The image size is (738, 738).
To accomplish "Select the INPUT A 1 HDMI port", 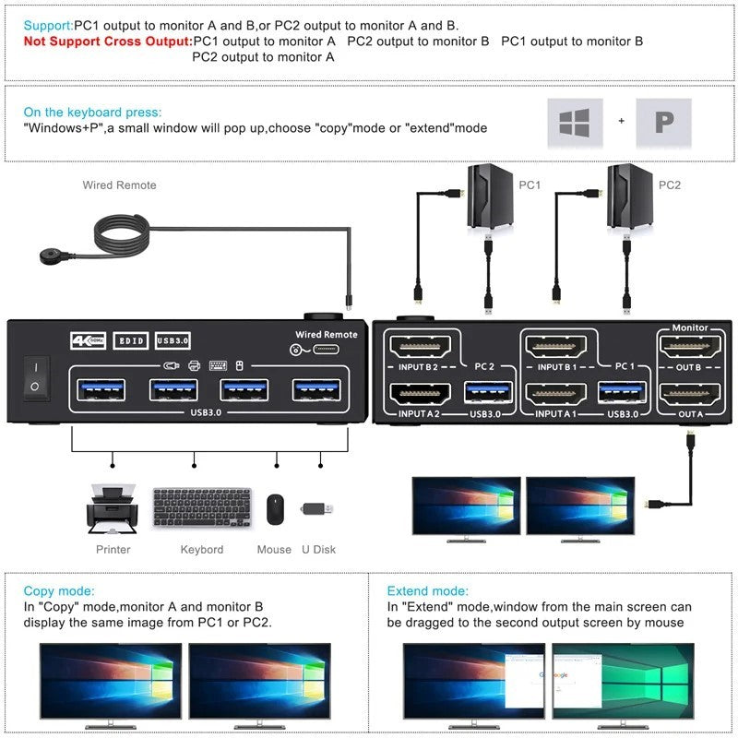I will (x=553, y=394).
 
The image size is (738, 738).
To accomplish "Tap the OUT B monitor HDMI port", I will (x=691, y=348).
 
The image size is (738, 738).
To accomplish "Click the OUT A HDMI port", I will (x=691, y=394).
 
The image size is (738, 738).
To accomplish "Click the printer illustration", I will (x=112, y=510).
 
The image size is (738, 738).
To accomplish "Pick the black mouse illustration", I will (x=274, y=509).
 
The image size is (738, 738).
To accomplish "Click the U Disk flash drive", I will (x=319, y=508).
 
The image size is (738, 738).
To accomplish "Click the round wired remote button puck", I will (x=55, y=254).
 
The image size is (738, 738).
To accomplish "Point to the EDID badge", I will (x=129, y=341).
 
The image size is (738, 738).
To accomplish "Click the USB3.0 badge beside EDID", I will (x=173, y=341).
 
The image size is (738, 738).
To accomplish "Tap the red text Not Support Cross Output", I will (x=107, y=42).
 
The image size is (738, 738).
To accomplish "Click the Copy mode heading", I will (x=59, y=590).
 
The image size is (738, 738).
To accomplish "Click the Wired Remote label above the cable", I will (x=119, y=185).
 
